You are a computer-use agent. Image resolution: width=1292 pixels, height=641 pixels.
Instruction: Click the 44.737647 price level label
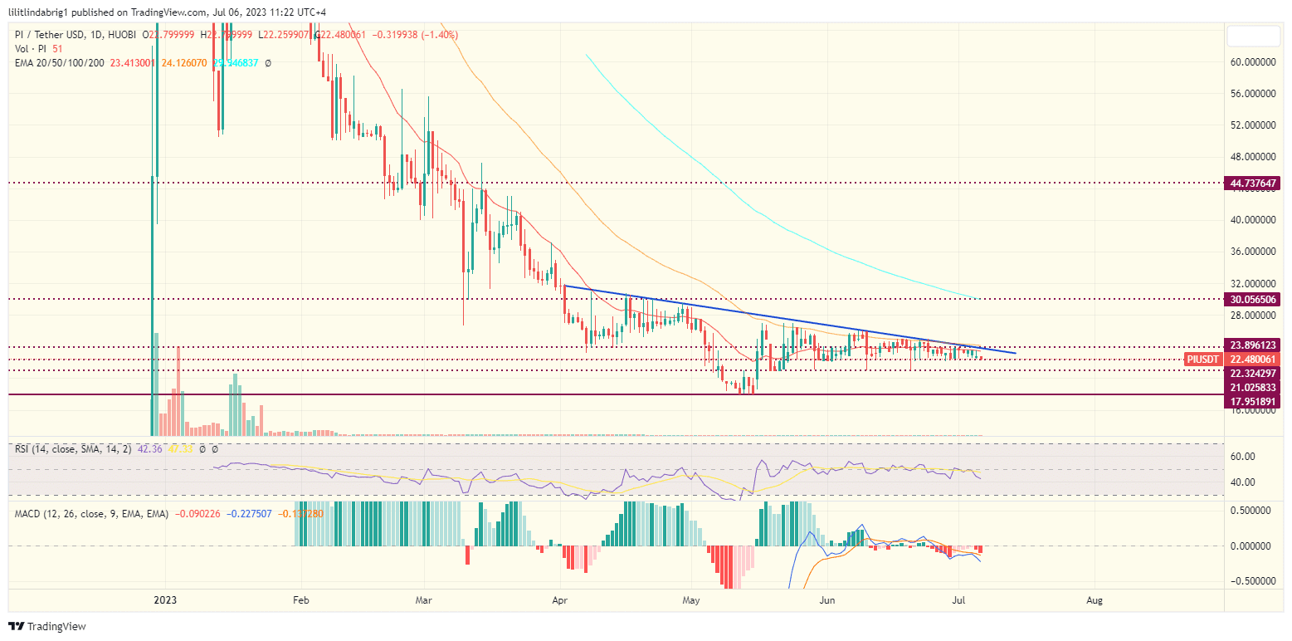(x=1253, y=183)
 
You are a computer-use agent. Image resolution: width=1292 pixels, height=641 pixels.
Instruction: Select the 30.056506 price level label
(x=1253, y=299)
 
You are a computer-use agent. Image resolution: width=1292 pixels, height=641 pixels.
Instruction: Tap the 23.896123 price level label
(x=1253, y=345)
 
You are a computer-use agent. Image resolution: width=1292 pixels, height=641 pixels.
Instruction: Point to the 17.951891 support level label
(x=1253, y=402)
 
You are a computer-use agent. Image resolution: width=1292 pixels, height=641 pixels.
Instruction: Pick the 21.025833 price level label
(x=1253, y=388)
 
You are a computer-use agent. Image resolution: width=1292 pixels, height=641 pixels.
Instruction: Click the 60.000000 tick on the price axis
(x=1253, y=62)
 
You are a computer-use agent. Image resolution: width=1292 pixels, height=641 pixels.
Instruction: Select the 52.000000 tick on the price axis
(x=1253, y=125)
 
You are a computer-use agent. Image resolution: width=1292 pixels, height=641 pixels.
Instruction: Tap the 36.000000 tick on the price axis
(x=1253, y=252)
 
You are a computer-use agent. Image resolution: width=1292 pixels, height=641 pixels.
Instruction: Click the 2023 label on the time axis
(x=165, y=599)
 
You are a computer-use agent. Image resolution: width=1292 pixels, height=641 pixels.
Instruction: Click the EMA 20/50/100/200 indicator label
(x=60, y=62)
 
